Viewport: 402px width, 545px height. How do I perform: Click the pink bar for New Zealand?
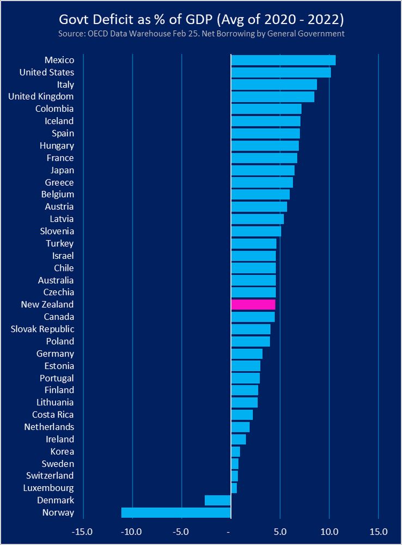coord(253,305)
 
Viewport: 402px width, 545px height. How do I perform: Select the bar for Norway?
coord(176,512)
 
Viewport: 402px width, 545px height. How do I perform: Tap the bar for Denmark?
coord(217,500)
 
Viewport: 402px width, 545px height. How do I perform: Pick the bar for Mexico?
coord(283,60)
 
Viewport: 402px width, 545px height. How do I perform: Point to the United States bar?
coord(281,72)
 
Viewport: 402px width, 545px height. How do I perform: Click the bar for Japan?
coord(263,170)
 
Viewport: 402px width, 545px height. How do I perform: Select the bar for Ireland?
coord(239,439)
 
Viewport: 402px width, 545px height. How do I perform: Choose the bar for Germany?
coord(247,354)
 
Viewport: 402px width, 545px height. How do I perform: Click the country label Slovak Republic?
coord(42,329)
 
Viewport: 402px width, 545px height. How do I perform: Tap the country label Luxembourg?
coord(49,488)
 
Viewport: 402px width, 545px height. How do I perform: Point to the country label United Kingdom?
coord(41,96)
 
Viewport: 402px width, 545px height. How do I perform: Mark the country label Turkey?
coord(59,244)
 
